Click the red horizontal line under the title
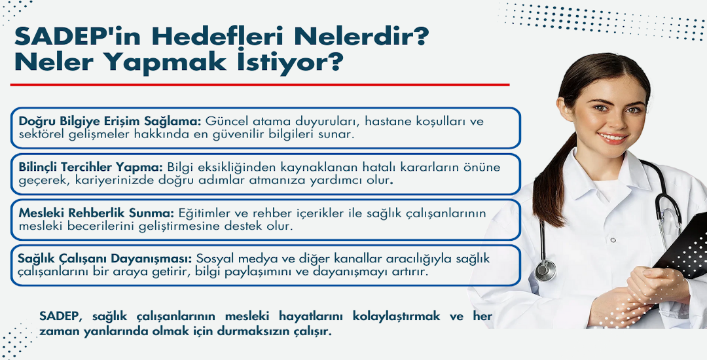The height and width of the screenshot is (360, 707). click(x=260, y=84)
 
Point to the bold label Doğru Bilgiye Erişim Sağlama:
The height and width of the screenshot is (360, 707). click(x=110, y=122)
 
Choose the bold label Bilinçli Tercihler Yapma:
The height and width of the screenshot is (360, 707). click(x=90, y=167)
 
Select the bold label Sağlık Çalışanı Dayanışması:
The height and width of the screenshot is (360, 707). click(x=105, y=259)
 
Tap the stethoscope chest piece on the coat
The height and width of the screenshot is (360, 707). click(x=545, y=271)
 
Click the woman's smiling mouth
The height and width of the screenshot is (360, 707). click(x=612, y=137)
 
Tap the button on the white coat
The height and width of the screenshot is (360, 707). click(x=613, y=240)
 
